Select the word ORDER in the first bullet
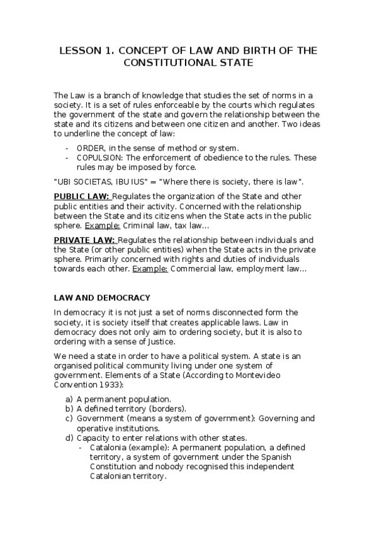(89, 147)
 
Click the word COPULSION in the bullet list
(99, 157)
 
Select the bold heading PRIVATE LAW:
(84, 240)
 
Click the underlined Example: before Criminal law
(105, 225)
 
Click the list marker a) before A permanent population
(69, 399)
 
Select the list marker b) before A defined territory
(69, 409)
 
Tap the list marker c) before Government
(69, 419)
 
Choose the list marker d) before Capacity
(69, 438)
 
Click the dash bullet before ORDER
(67, 147)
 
